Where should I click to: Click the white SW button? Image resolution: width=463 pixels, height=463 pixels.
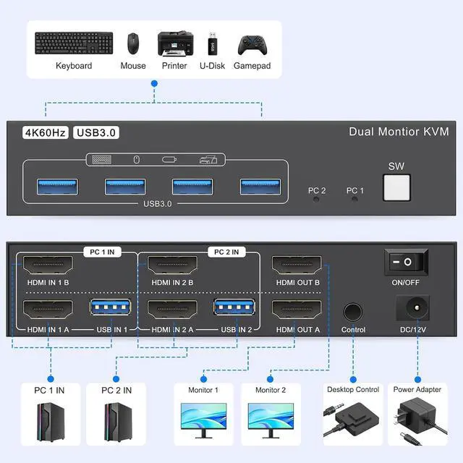[x=396, y=188]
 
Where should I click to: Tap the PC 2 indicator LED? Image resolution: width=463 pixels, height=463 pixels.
[x=316, y=200]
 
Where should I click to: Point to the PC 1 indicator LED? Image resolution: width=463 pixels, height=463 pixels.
[x=354, y=200]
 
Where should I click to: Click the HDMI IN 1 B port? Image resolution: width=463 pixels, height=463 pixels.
[x=48, y=265]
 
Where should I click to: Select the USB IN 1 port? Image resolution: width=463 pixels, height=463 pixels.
[x=111, y=307]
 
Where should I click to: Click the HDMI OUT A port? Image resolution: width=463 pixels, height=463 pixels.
[x=297, y=310]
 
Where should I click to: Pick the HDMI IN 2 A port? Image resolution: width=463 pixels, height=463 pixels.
[x=172, y=310]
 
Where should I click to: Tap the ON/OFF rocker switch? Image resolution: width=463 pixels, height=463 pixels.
[x=406, y=262]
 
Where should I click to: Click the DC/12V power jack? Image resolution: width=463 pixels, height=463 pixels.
[x=413, y=307]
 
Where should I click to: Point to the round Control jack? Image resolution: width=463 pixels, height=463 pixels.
[x=353, y=312]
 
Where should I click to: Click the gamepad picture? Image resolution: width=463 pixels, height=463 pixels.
[x=252, y=45]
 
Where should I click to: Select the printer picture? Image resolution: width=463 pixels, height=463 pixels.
[x=176, y=43]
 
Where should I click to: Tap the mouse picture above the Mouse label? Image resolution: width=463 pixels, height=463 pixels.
[x=133, y=43]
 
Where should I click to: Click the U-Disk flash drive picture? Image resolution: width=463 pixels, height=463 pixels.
[x=212, y=43]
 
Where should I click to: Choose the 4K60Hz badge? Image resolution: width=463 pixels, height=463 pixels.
[x=46, y=132]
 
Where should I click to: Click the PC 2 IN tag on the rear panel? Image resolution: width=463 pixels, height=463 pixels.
[x=226, y=252]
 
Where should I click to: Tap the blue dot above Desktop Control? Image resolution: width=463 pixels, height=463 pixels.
[x=353, y=379]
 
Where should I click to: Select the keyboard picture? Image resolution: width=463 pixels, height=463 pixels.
[x=74, y=43]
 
